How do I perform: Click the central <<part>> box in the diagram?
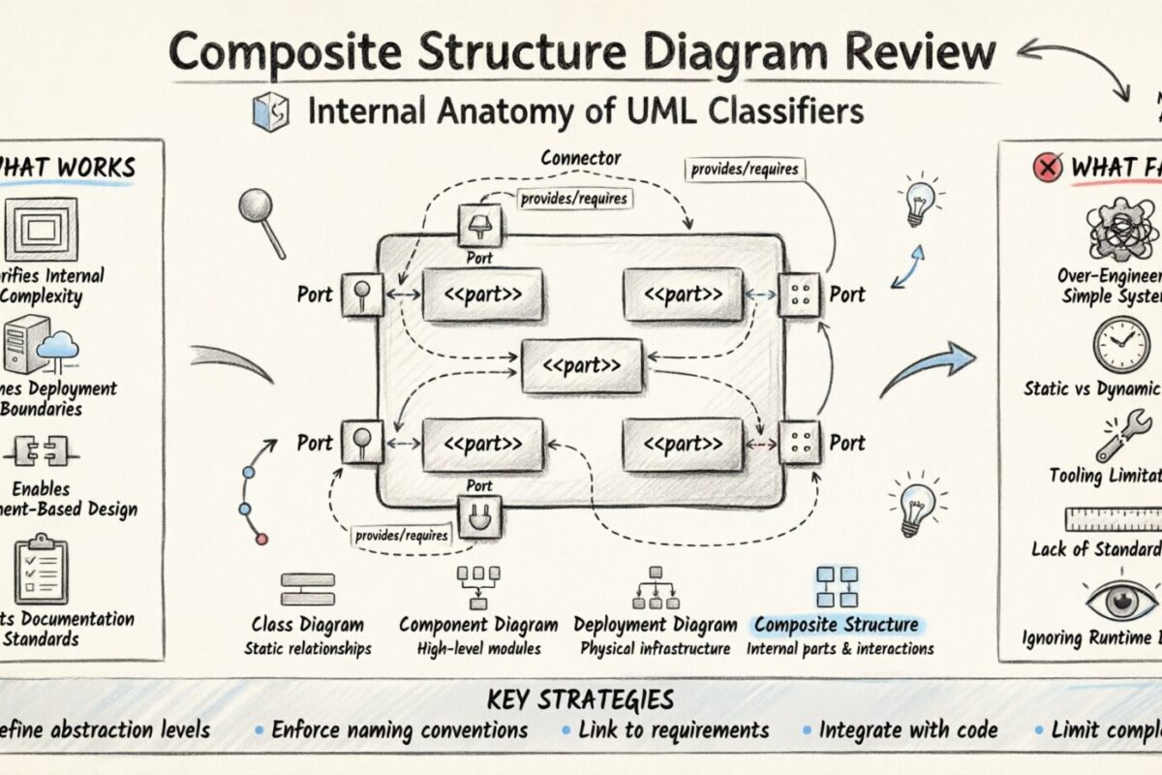coord(582,366)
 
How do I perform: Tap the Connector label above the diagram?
coord(581,157)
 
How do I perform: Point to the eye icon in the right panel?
coord(1121,602)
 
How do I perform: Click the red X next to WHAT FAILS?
coord(1048,169)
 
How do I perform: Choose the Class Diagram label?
coord(307,625)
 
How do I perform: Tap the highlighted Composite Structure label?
coord(835,624)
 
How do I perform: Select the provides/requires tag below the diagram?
coord(401,534)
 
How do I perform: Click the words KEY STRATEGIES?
coord(581,699)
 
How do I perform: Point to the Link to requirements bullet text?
coord(673,730)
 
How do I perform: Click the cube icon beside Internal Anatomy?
coord(268,113)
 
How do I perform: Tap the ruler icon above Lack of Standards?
coord(1114,519)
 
